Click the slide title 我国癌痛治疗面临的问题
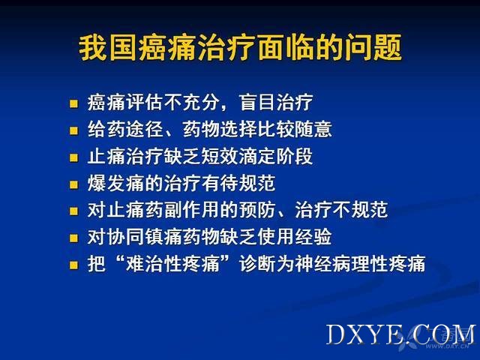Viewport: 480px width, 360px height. pyautogui.click(x=240, y=48)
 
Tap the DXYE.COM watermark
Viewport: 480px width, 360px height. pyautogui.click(x=401, y=334)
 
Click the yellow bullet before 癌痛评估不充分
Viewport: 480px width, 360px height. pyautogui.click(x=73, y=103)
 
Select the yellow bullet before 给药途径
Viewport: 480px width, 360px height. pyautogui.click(x=73, y=130)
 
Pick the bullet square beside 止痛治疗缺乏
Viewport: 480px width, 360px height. pyautogui.click(x=73, y=157)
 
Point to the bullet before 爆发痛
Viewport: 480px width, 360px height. pyautogui.click(x=73, y=184)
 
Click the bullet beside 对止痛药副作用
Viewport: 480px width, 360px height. pyautogui.click(x=73, y=211)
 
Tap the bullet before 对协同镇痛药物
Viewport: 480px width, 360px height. pyautogui.click(x=73, y=238)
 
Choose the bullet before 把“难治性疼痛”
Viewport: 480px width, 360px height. pyautogui.click(x=73, y=265)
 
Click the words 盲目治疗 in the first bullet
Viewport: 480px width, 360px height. pyautogui.click(x=276, y=103)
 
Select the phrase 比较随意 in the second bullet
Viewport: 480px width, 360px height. pyautogui.click(x=295, y=129)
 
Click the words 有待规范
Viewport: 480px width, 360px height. pyautogui.click(x=238, y=183)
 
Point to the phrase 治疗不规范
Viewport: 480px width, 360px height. pyautogui.click(x=341, y=210)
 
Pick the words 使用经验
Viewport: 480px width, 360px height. pyautogui.click(x=295, y=237)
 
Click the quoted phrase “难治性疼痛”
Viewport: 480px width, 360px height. pyautogui.click(x=173, y=263)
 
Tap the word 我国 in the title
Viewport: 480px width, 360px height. pyautogui.click(x=107, y=48)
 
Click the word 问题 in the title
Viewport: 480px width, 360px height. pyautogui.click(x=373, y=48)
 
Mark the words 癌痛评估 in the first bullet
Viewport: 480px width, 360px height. pyautogui.click(x=124, y=103)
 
